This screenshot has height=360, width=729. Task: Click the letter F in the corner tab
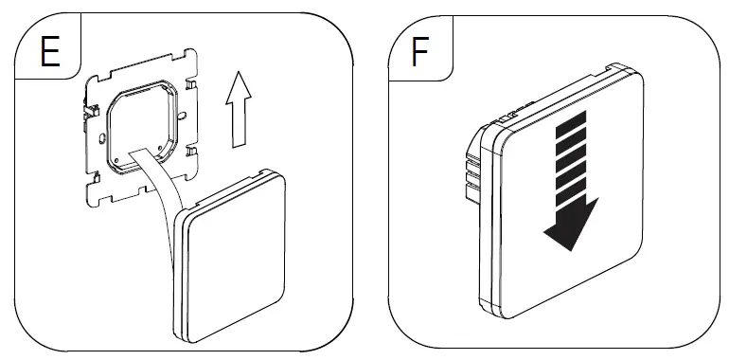click(418, 51)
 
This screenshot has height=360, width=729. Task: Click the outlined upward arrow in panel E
click(238, 110)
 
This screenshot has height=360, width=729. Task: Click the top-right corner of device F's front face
click(641, 78)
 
